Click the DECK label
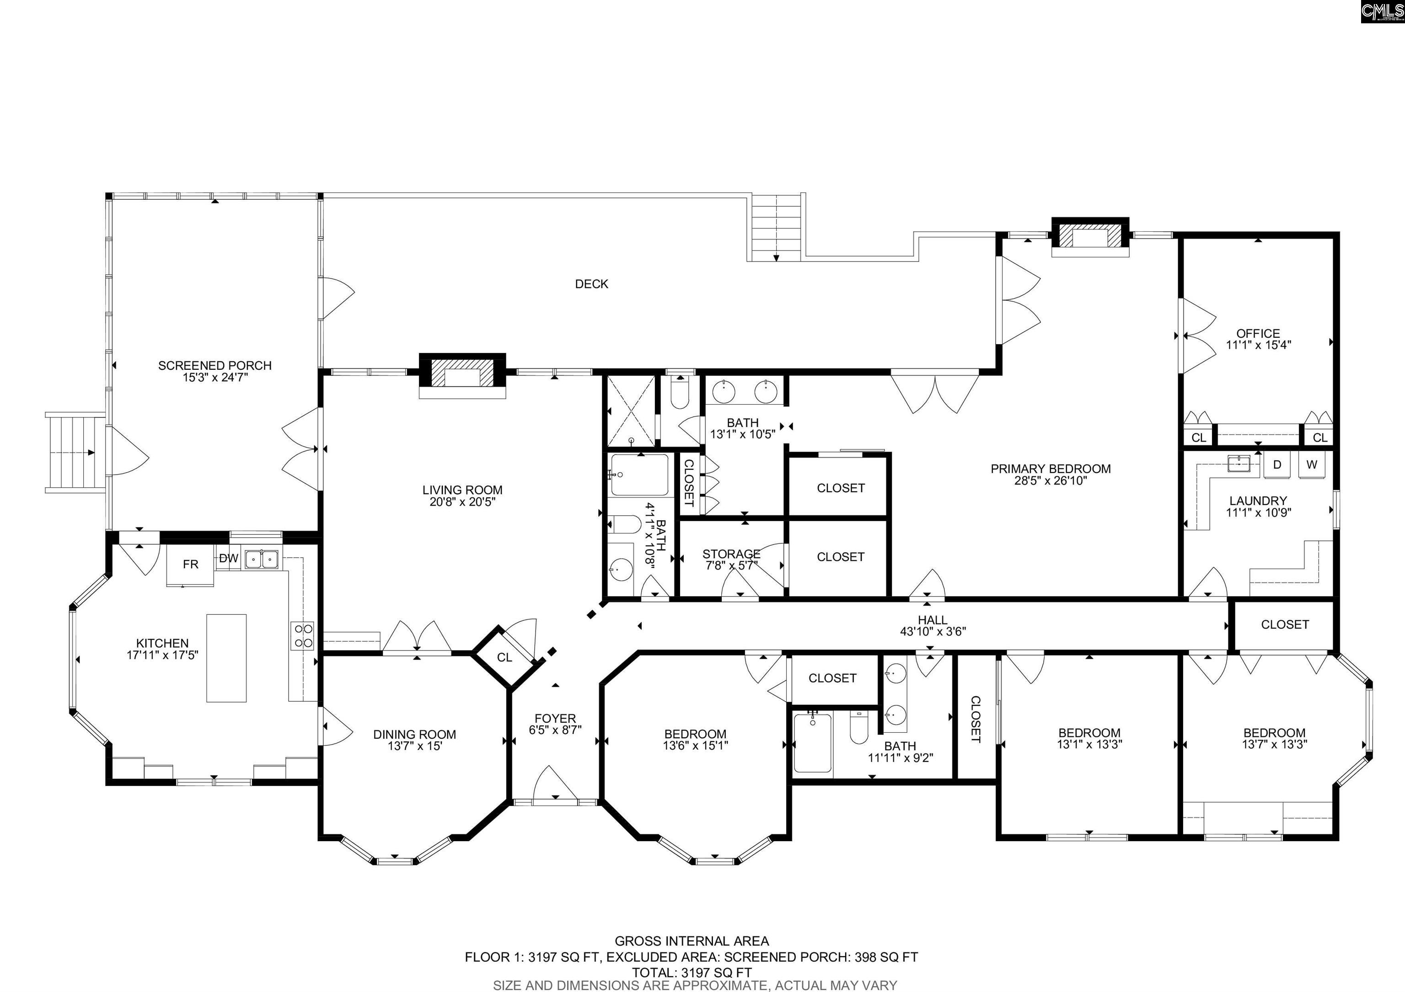(591, 284)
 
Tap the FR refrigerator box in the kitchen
(190, 565)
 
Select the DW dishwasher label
(228, 558)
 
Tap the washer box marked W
(1311, 465)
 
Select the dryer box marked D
(1277, 465)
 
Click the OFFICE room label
(1258, 333)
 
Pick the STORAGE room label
(731, 554)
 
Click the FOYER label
(555, 719)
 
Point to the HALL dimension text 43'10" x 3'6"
(933, 632)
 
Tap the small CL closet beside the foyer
(504, 657)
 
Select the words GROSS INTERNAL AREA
(692, 941)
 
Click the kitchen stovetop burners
(302, 635)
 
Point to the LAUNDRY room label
(1258, 501)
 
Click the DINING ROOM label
(414, 735)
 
